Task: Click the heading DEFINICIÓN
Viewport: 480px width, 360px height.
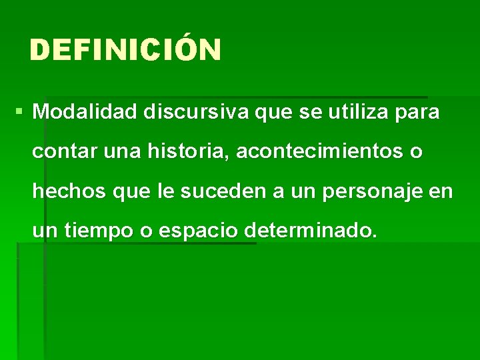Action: [125, 50]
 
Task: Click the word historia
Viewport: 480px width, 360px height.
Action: [179, 152]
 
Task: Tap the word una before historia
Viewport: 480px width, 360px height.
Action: [120, 152]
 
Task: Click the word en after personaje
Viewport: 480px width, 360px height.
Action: [440, 192]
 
